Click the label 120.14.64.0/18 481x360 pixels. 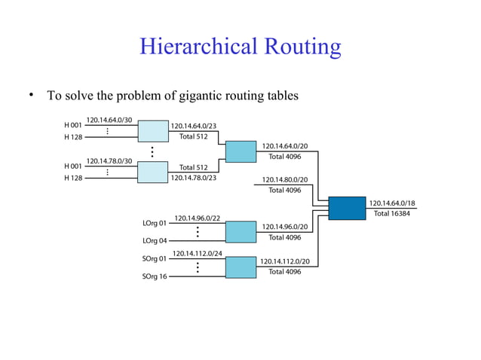click(x=392, y=203)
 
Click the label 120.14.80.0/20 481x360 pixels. click(x=285, y=180)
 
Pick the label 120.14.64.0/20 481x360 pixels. click(x=285, y=145)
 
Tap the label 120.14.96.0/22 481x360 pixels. click(x=197, y=218)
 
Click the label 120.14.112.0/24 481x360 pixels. click(x=198, y=253)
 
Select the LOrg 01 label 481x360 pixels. click(x=155, y=224)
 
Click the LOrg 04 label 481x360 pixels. click(x=155, y=241)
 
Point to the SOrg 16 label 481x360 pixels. click(x=155, y=276)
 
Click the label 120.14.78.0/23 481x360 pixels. click(x=194, y=178)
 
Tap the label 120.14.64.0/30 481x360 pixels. click(x=109, y=120)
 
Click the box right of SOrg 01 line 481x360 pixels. click(x=241, y=267)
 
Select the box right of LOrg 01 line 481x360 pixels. click(x=241, y=232)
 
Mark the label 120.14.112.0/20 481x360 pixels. click(x=285, y=261)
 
